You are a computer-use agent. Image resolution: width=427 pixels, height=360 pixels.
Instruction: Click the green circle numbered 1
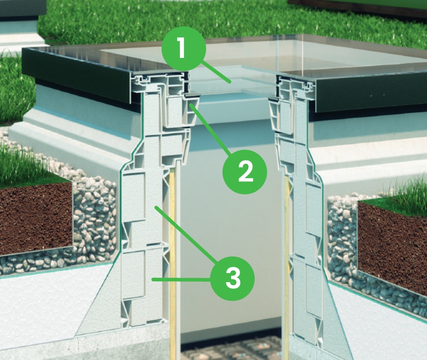(x=183, y=48)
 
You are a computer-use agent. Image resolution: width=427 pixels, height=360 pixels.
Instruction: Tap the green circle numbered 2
(x=245, y=171)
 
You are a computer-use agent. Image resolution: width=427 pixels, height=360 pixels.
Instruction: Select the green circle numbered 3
(x=232, y=278)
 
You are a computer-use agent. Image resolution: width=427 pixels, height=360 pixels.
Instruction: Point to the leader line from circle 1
(x=215, y=72)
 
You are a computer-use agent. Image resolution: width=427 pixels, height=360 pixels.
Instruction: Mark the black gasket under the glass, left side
(x=192, y=95)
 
